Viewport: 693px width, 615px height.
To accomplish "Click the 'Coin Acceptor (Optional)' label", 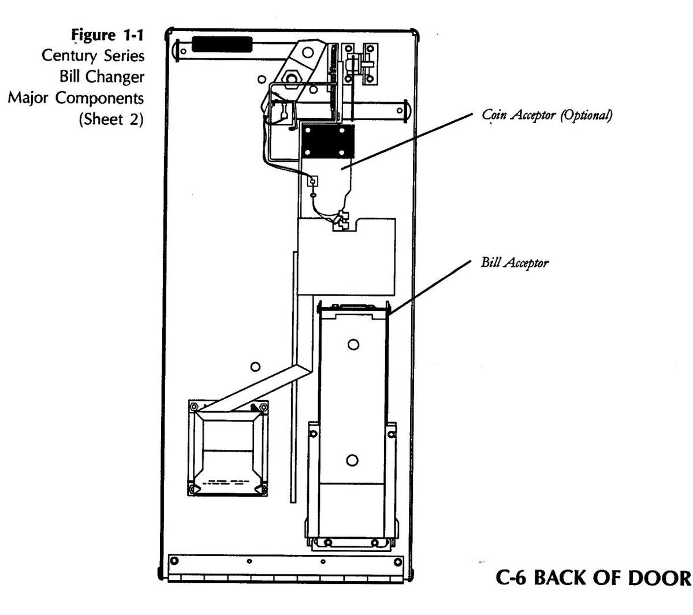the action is [x=546, y=115].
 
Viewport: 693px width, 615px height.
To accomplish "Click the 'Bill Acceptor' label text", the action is [x=515, y=263].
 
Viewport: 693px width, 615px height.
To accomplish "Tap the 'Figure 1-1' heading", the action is [x=107, y=35].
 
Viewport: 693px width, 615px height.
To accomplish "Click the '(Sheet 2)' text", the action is [x=111, y=119].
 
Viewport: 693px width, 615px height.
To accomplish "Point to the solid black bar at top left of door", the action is [x=222, y=44].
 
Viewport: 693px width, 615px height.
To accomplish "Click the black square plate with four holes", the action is [x=327, y=141].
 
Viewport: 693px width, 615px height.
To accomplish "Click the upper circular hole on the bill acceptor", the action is [x=353, y=344].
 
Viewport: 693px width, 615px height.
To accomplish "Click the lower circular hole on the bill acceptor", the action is [x=352, y=460].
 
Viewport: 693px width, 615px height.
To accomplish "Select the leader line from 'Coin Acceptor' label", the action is [x=407, y=141].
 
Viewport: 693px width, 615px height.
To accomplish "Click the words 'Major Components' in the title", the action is [x=76, y=98].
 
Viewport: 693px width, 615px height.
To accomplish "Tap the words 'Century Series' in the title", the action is [x=93, y=56].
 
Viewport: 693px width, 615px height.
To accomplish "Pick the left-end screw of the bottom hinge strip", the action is [x=174, y=561].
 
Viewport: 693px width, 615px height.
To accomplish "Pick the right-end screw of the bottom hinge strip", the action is [x=397, y=562].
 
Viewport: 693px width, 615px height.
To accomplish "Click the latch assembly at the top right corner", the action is [x=360, y=64].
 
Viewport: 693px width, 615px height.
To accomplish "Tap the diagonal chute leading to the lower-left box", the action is [x=255, y=387].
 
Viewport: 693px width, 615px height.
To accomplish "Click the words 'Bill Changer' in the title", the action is [x=102, y=77].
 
